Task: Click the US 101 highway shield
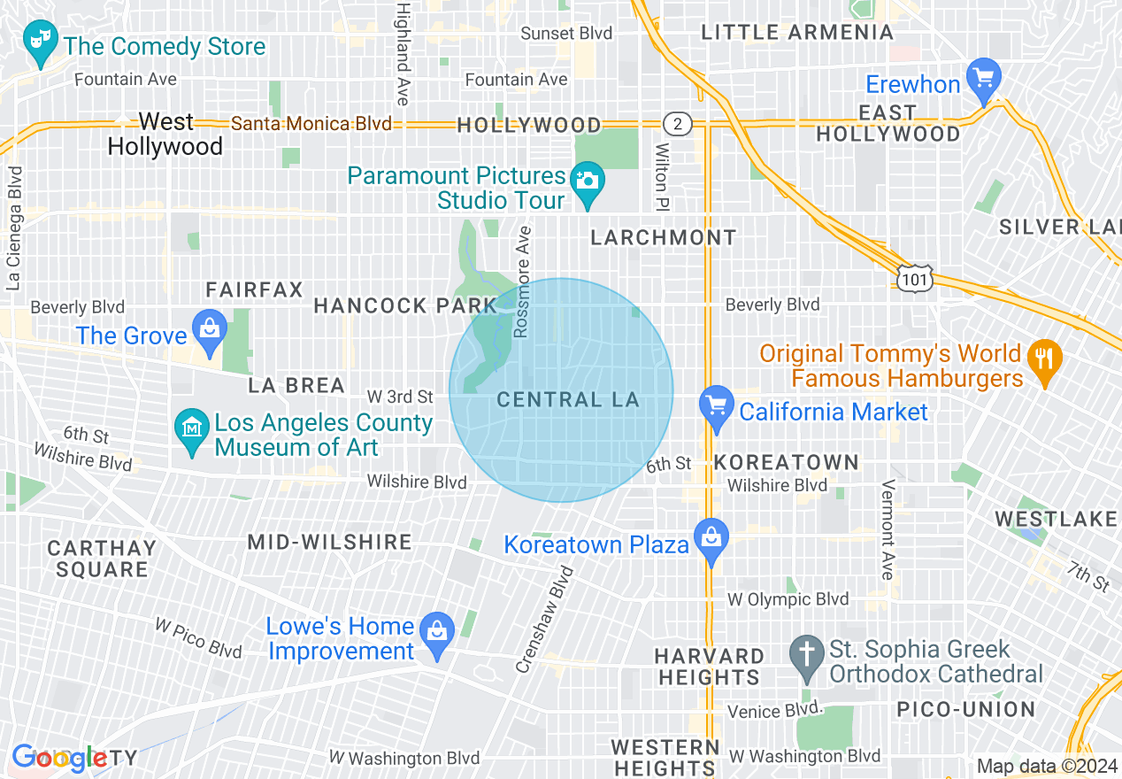pyautogui.click(x=911, y=278)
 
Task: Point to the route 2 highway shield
pyautogui.click(x=677, y=124)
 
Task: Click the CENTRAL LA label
pyautogui.click(x=567, y=399)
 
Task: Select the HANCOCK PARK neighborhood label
pyautogui.click(x=405, y=305)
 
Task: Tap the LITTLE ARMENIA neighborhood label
pyautogui.click(x=797, y=33)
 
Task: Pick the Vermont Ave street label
pyautogui.click(x=887, y=531)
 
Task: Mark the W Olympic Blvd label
pyautogui.click(x=788, y=599)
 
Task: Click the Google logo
pyautogui.click(x=59, y=757)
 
